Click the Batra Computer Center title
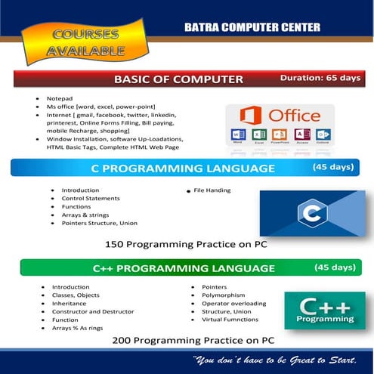[x=252, y=27]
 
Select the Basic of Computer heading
[x=178, y=79]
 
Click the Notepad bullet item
[x=58, y=98]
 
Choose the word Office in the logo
[x=295, y=116]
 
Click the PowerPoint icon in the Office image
[x=281, y=136]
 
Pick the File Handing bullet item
[x=212, y=190]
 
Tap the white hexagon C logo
[x=311, y=212]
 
